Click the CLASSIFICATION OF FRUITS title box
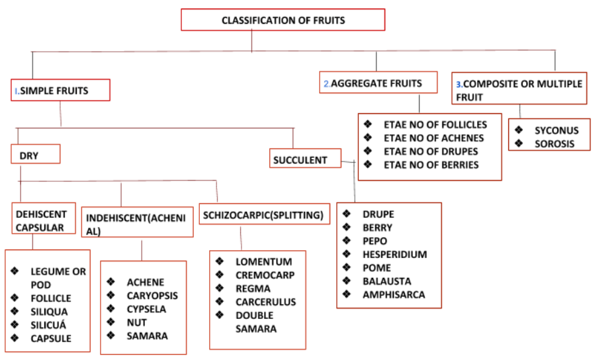tap(283, 21)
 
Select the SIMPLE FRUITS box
tap(60, 91)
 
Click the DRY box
tap(36, 156)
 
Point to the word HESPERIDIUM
tap(394, 254)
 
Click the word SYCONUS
tap(557, 130)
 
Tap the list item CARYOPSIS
tap(152, 296)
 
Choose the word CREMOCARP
tap(265, 275)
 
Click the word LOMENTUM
tap(263, 261)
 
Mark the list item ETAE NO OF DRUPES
tap(431, 152)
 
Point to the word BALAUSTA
tap(386, 281)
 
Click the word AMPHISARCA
tap(393, 294)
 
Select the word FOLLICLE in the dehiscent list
tap(51, 298)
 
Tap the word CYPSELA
tap(146, 309)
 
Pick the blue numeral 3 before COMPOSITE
tap(459, 85)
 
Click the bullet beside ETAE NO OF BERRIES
tap(368, 165)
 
